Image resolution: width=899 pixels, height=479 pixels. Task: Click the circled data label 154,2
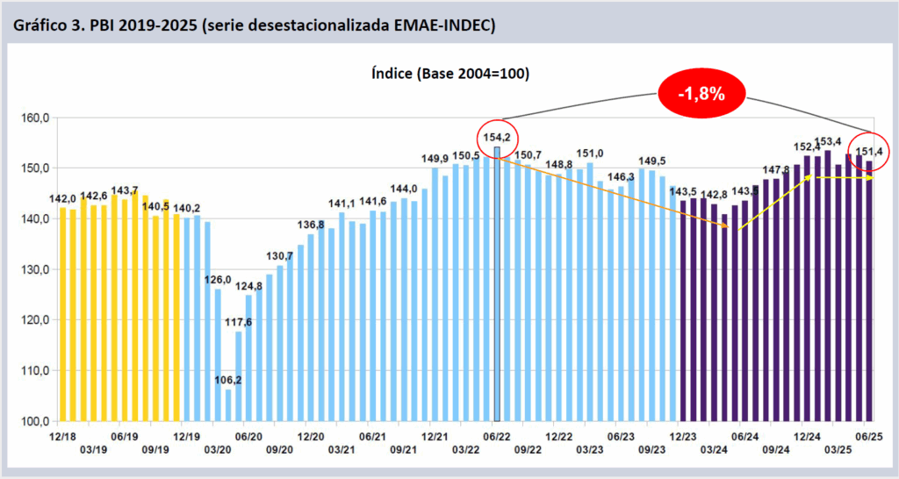coord(498,138)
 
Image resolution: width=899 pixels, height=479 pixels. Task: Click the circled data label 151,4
coord(869,150)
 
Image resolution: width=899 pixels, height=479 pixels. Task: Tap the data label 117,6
coord(238,322)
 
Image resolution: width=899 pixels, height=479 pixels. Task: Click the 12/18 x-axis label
coord(62,435)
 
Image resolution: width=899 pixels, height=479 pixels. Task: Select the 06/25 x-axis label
coord(868,435)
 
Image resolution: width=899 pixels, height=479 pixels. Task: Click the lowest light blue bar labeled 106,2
coord(228,405)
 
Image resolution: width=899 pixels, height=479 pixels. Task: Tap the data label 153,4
coord(829,141)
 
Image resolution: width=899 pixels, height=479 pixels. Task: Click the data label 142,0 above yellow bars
coord(63,198)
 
